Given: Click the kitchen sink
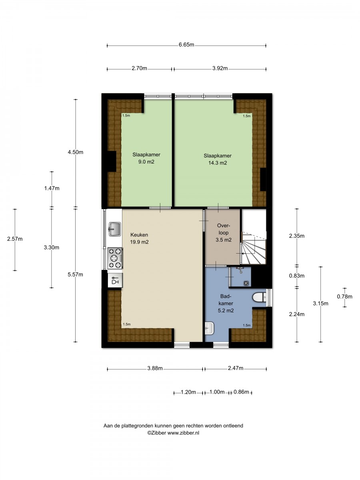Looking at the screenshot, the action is pos(114,229).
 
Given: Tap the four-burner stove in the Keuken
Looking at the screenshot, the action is pos(115,258).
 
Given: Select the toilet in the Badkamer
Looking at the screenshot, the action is pos(260,298).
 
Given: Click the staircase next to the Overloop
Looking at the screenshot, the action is pos(254,248).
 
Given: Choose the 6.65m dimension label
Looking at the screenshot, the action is pos(186,45).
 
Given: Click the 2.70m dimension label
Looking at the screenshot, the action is pos(139,68).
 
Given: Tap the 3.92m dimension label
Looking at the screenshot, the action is pos(220,68).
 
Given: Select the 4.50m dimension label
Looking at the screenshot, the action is pos(76,152).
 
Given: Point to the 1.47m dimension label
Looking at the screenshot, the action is pos(52,188).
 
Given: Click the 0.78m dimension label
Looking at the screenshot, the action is pos(344,296).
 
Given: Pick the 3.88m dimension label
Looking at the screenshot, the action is pos(155,368).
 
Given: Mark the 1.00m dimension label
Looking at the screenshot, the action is pos(217,392).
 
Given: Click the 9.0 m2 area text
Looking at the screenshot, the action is pos(146,162).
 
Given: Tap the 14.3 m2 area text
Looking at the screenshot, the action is pos(218,163).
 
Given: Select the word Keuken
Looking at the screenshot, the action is pos(139,235).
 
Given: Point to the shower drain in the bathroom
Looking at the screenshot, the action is pos(246,283).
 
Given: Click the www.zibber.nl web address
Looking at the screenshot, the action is pos(183,432).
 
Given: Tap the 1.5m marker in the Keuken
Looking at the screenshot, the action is pos(126,324).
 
